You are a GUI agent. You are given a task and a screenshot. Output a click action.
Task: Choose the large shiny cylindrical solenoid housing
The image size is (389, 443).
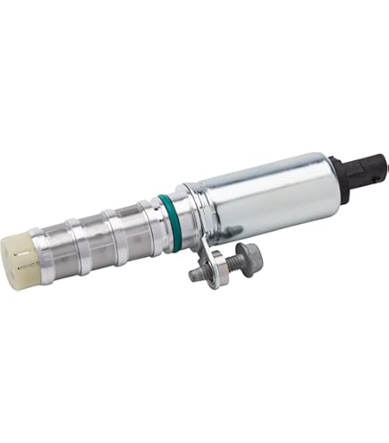click(259, 192)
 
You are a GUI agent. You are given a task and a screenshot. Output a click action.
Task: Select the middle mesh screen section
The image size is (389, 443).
click(115, 230)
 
